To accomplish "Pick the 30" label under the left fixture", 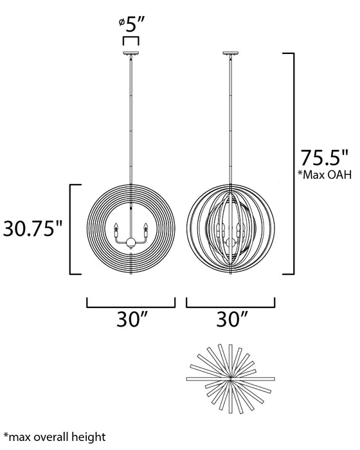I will [130, 318].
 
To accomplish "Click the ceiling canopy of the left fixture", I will [130, 54].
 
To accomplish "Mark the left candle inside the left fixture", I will [116, 228].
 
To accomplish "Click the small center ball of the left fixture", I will [130, 242].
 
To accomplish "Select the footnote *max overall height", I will [54, 437].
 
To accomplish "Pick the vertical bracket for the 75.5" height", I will [292, 164].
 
